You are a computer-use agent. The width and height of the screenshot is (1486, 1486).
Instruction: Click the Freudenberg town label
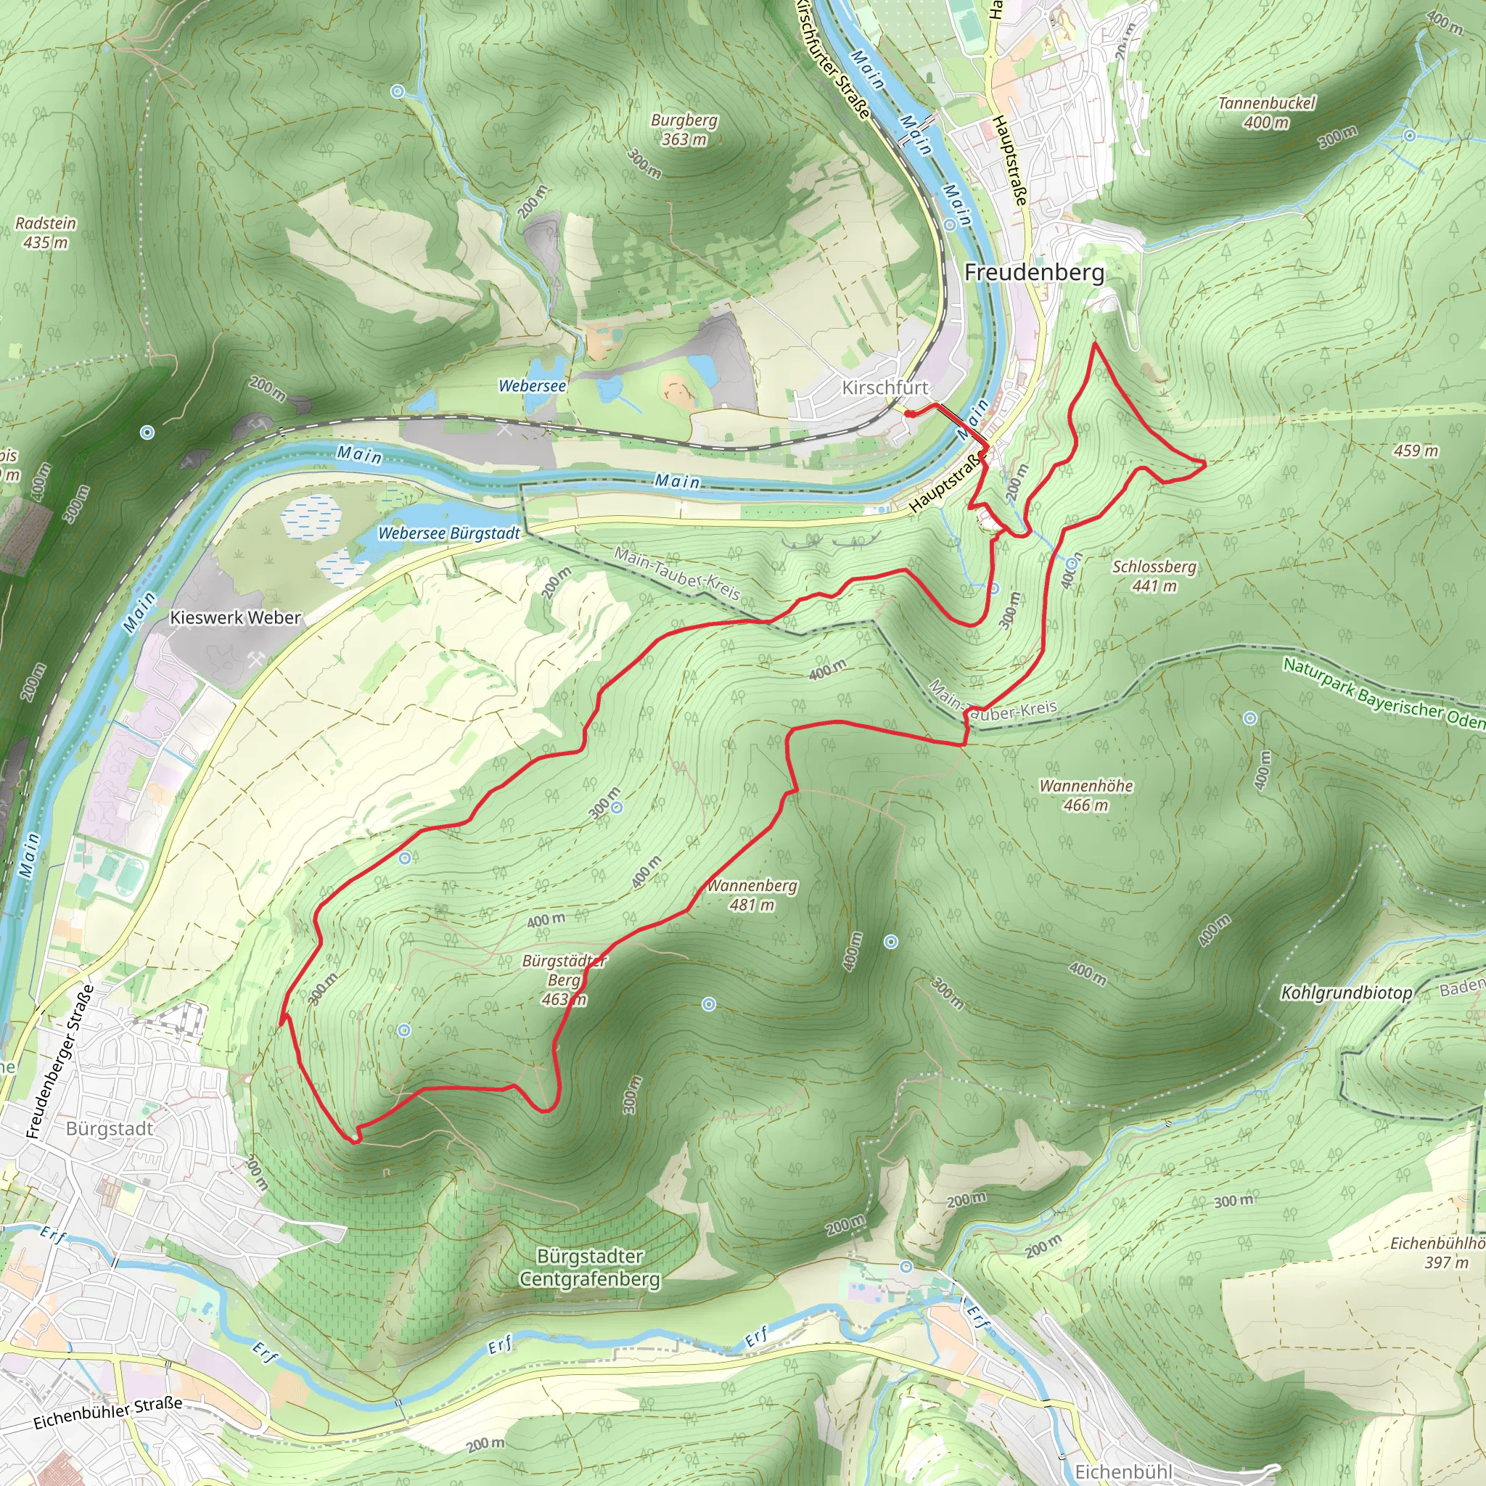1034,272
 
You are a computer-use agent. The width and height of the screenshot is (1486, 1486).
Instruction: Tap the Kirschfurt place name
884,387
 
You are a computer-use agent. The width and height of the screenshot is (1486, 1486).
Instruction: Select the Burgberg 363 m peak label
684,129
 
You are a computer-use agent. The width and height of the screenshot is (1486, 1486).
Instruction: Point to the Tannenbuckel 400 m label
1267,112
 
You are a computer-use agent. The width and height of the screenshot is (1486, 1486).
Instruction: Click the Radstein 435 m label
46,232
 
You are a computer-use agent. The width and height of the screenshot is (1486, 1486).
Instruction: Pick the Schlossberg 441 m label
1154,576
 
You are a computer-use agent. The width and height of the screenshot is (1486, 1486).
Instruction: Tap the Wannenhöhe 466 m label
1085,795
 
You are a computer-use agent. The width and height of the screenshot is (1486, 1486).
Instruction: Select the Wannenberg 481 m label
752,895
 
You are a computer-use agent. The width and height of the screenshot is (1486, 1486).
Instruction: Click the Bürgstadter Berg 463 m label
564,980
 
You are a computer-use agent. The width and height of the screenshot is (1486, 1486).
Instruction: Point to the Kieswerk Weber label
234,617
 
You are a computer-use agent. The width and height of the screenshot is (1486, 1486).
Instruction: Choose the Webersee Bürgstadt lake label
448,533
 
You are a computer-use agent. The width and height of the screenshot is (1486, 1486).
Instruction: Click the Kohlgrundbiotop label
1346,993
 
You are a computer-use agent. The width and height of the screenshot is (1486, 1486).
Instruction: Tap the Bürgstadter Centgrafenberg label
589,1268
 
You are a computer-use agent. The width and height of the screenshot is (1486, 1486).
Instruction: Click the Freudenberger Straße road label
59,1062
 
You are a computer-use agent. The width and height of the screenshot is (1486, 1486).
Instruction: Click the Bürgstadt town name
110,1128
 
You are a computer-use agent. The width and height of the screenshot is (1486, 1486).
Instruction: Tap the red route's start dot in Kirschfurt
908,414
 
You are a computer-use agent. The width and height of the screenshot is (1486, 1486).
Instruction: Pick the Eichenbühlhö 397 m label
1437,1252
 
